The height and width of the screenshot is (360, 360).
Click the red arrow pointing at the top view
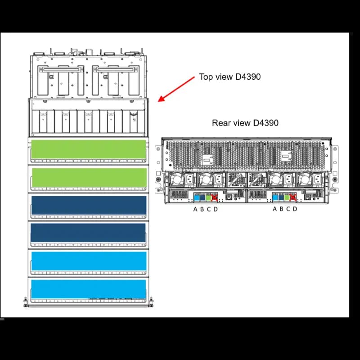pyautogui.click(x=175, y=89)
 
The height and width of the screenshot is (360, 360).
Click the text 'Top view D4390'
pyautogui.click(x=229, y=77)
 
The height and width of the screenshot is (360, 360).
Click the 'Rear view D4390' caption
pyautogui.click(x=245, y=123)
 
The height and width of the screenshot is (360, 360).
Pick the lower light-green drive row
pyautogui.click(x=88, y=177)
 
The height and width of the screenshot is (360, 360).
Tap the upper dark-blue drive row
pyautogui.click(x=88, y=205)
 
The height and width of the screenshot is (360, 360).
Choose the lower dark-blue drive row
pyautogui.click(x=88, y=233)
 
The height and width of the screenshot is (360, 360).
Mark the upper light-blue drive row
pyautogui.click(x=88, y=261)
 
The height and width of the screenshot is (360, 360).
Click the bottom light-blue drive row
pyautogui.click(x=88, y=289)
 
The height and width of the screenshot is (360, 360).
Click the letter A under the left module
pyautogui.click(x=195, y=209)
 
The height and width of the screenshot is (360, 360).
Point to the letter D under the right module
pyautogui.click(x=295, y=209)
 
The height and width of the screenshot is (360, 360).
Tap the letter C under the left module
pyautogui.click(x=209, y=209)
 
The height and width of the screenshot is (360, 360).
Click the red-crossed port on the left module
pyautogui.click(x=215, y=197)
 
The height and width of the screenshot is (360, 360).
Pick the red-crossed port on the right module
pyautogui.click(x=293, y=197)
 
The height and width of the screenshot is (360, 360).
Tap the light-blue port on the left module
pyautogui.click(x=196, y=197)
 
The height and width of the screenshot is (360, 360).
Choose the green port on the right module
pyautogui.click(x=287, y=197)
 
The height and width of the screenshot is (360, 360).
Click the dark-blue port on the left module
pyautogui.click(x=202, y=197)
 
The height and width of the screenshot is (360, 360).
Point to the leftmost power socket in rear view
pyautogui.click(x=189, y=179)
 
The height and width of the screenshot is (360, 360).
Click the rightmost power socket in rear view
pyautogui.click(x=318, y=179)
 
